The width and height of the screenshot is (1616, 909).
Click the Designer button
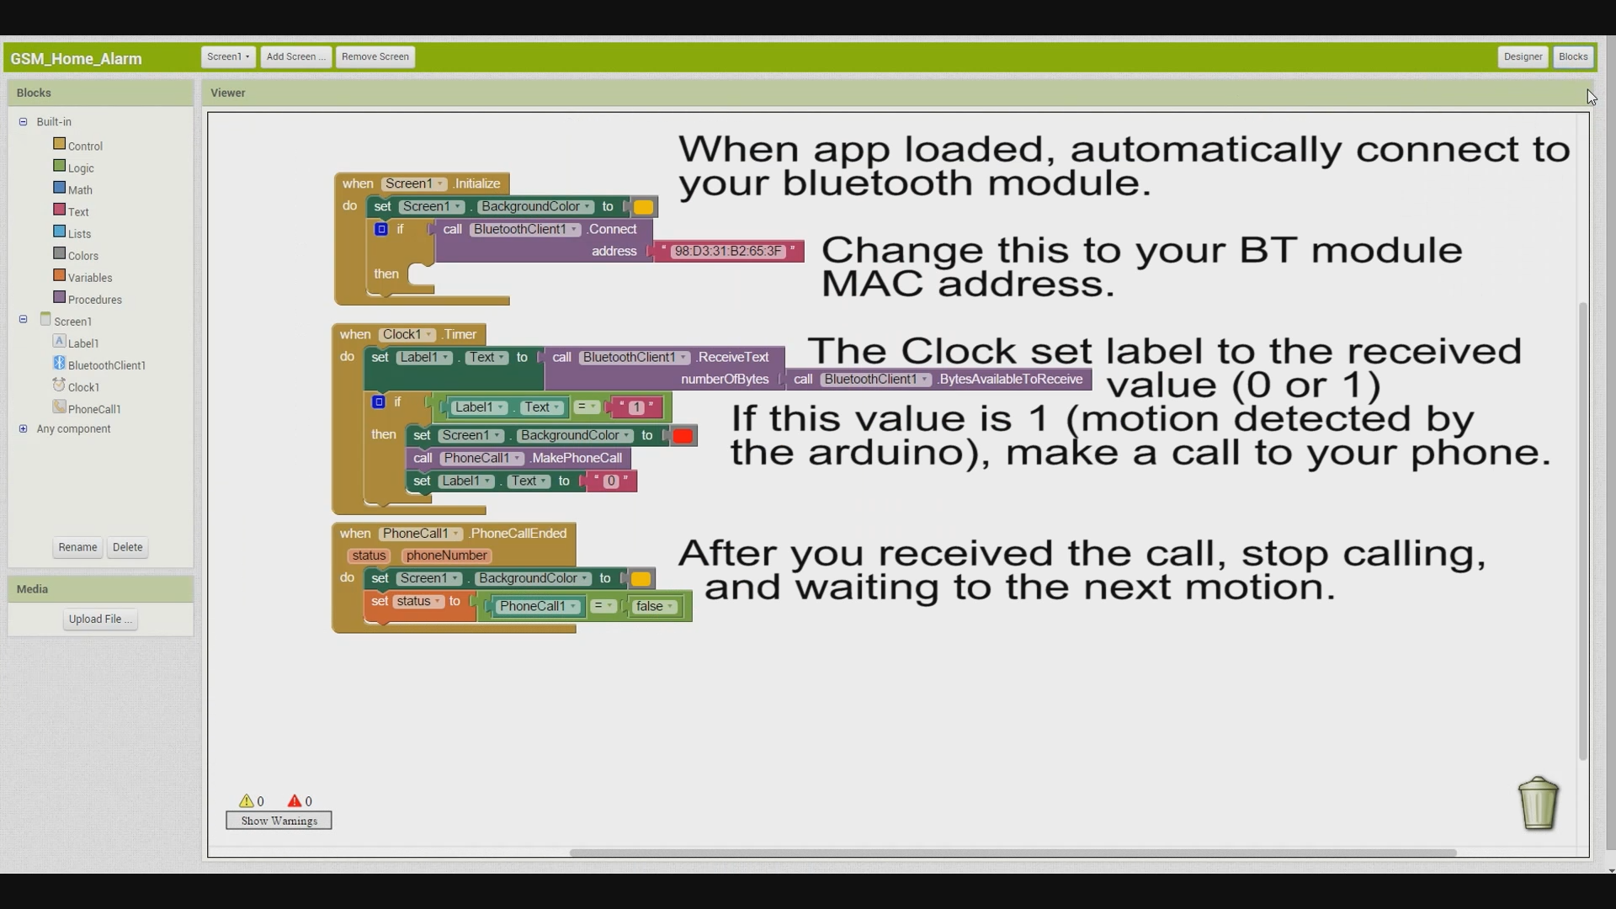(1523, 57)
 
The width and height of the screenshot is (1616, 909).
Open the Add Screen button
(295, 57)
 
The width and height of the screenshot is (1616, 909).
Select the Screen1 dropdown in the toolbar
(228, 57)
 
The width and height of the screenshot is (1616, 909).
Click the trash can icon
(1539, 803)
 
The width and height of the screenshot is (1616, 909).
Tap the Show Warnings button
(279, 821)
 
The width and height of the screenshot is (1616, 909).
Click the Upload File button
(100, 619)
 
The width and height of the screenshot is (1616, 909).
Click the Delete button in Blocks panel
(127, 547)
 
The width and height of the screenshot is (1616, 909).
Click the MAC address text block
(729, 252)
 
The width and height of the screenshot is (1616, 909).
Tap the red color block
(683, 436)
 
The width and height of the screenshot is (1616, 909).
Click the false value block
(654, 606)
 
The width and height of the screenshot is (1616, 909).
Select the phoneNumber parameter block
(446, 555)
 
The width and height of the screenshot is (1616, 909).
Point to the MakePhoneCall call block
(518, 459)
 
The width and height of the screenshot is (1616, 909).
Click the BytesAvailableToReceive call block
(938, 380)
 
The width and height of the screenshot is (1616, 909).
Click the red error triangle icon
(295, 801)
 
